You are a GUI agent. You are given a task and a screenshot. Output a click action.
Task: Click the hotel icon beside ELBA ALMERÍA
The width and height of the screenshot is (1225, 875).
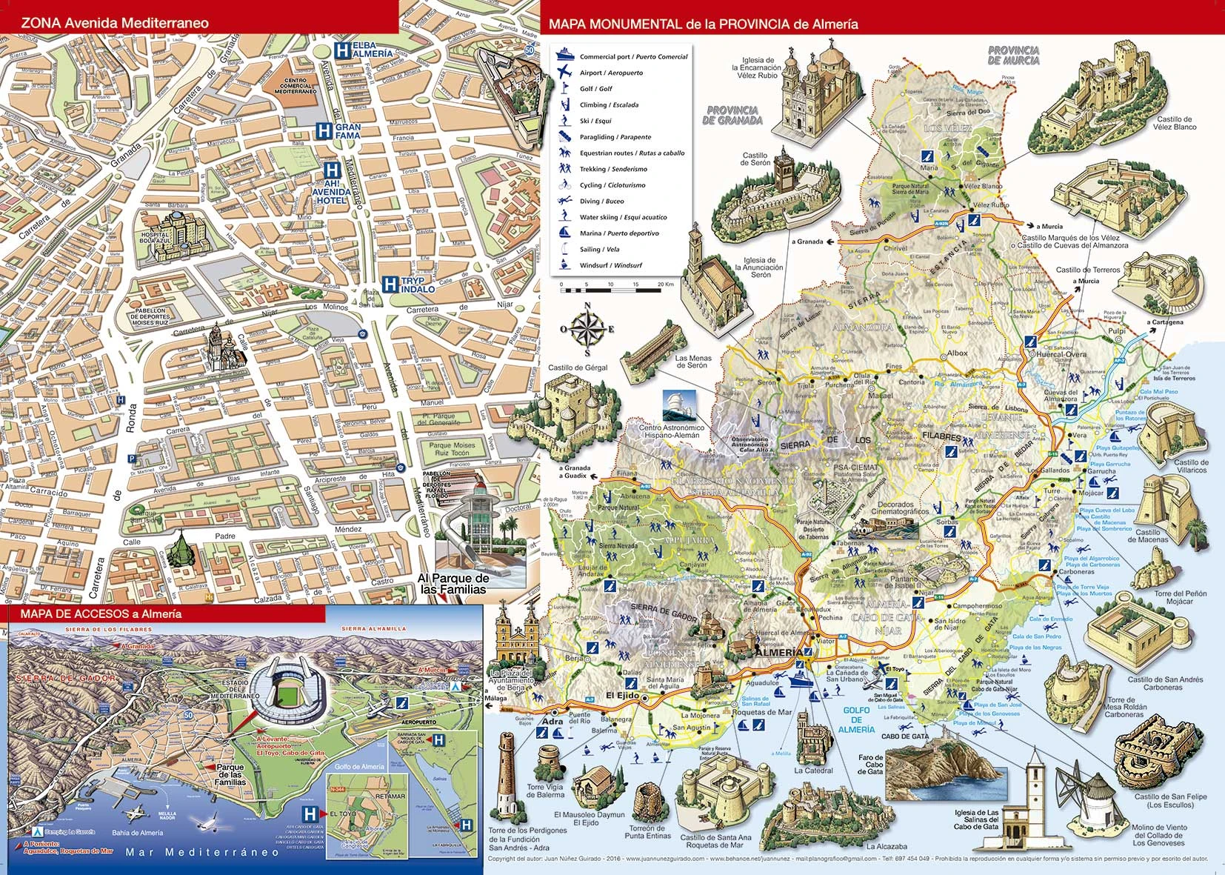point(341,50)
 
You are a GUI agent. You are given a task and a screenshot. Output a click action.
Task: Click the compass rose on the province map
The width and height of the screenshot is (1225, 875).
point(587,329)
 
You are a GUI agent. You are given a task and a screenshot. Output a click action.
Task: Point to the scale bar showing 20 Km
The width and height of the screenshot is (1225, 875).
point(611,289)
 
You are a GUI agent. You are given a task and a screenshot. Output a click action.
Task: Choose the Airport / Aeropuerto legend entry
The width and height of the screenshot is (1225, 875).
point(611,73)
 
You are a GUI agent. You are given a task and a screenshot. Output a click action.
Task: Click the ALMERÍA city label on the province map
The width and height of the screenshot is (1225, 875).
point(775,653)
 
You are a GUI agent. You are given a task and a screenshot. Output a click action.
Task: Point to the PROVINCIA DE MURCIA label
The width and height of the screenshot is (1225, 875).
point(1013,56)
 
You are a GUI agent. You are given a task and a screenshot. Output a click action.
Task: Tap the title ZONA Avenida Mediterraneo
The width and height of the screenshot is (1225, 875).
point(115,23)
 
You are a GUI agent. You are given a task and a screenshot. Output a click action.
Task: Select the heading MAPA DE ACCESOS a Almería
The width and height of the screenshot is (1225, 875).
point(101,613)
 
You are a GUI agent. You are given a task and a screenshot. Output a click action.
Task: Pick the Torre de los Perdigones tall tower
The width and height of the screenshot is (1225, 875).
point(507,774)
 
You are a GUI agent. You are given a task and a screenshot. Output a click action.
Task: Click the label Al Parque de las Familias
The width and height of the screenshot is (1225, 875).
point(453,584)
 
